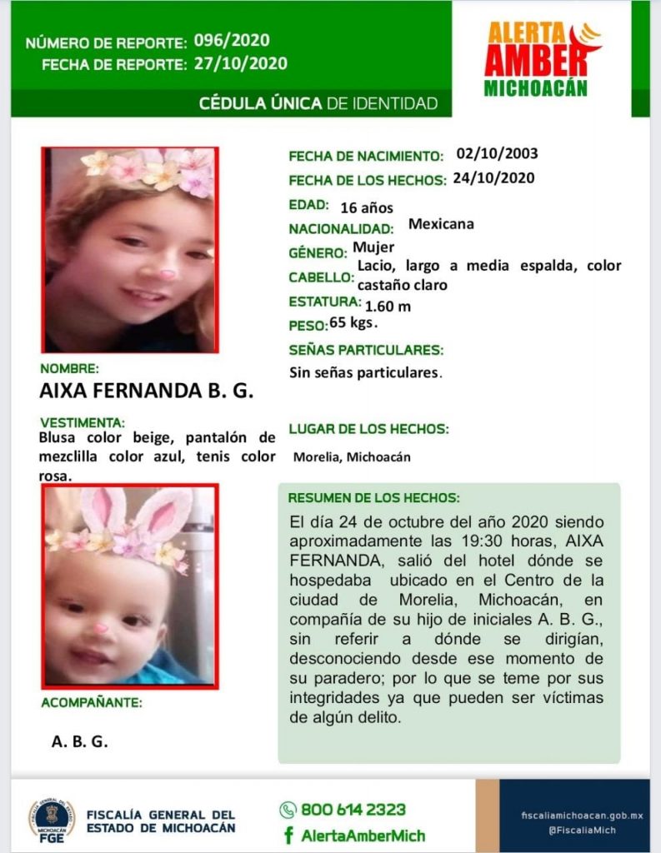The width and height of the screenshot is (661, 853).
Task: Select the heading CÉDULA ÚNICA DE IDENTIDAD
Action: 318,103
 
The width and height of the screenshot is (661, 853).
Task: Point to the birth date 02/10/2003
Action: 497,154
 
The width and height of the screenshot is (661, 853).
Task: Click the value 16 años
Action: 366,207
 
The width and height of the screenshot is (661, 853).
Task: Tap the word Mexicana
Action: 441,224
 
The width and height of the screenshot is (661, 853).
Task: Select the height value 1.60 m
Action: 388,306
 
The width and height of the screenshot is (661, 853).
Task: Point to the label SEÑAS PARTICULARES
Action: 366,350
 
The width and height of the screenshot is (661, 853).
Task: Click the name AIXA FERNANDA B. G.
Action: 146,390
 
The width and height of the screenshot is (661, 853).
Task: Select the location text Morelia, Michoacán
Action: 351,457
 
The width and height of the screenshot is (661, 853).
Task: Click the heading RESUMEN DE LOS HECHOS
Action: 373,498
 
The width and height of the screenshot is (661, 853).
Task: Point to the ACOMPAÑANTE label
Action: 92,702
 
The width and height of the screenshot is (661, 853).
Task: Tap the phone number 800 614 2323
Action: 353,810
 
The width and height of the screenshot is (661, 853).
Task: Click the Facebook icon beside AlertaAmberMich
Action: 288,836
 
